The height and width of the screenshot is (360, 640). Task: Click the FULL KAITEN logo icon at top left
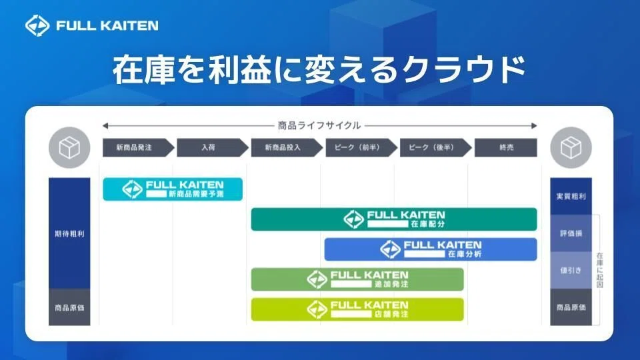point(37,25)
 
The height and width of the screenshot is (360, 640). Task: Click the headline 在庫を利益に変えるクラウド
point(319,70)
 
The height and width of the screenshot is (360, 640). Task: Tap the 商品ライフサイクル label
point(319,125)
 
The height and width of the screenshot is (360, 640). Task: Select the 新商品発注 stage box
point(139,147)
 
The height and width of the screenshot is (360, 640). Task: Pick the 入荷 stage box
point(212,147)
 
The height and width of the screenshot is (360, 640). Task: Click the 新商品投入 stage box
point(287,147)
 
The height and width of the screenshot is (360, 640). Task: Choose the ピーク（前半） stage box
point(361,147)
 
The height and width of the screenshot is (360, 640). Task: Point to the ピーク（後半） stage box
point(435,147)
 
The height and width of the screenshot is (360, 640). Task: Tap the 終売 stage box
point(506,147)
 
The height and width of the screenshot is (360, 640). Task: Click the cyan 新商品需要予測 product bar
point(173,189)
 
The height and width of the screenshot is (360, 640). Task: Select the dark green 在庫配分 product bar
point(394,219)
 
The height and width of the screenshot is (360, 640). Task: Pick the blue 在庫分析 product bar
point(431,249)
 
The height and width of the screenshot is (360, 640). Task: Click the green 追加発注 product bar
point(357,279)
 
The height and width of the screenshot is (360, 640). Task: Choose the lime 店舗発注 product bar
point(357,309)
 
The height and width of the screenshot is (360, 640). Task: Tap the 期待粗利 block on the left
point(69,233)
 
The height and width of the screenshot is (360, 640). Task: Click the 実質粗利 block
point(571,196)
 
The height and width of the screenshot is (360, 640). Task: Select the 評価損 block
point(571,233)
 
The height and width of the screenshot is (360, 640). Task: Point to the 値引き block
point(571,270)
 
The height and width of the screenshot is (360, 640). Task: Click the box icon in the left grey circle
point(69,147)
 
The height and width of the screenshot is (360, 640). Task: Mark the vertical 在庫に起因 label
point(599,270)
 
